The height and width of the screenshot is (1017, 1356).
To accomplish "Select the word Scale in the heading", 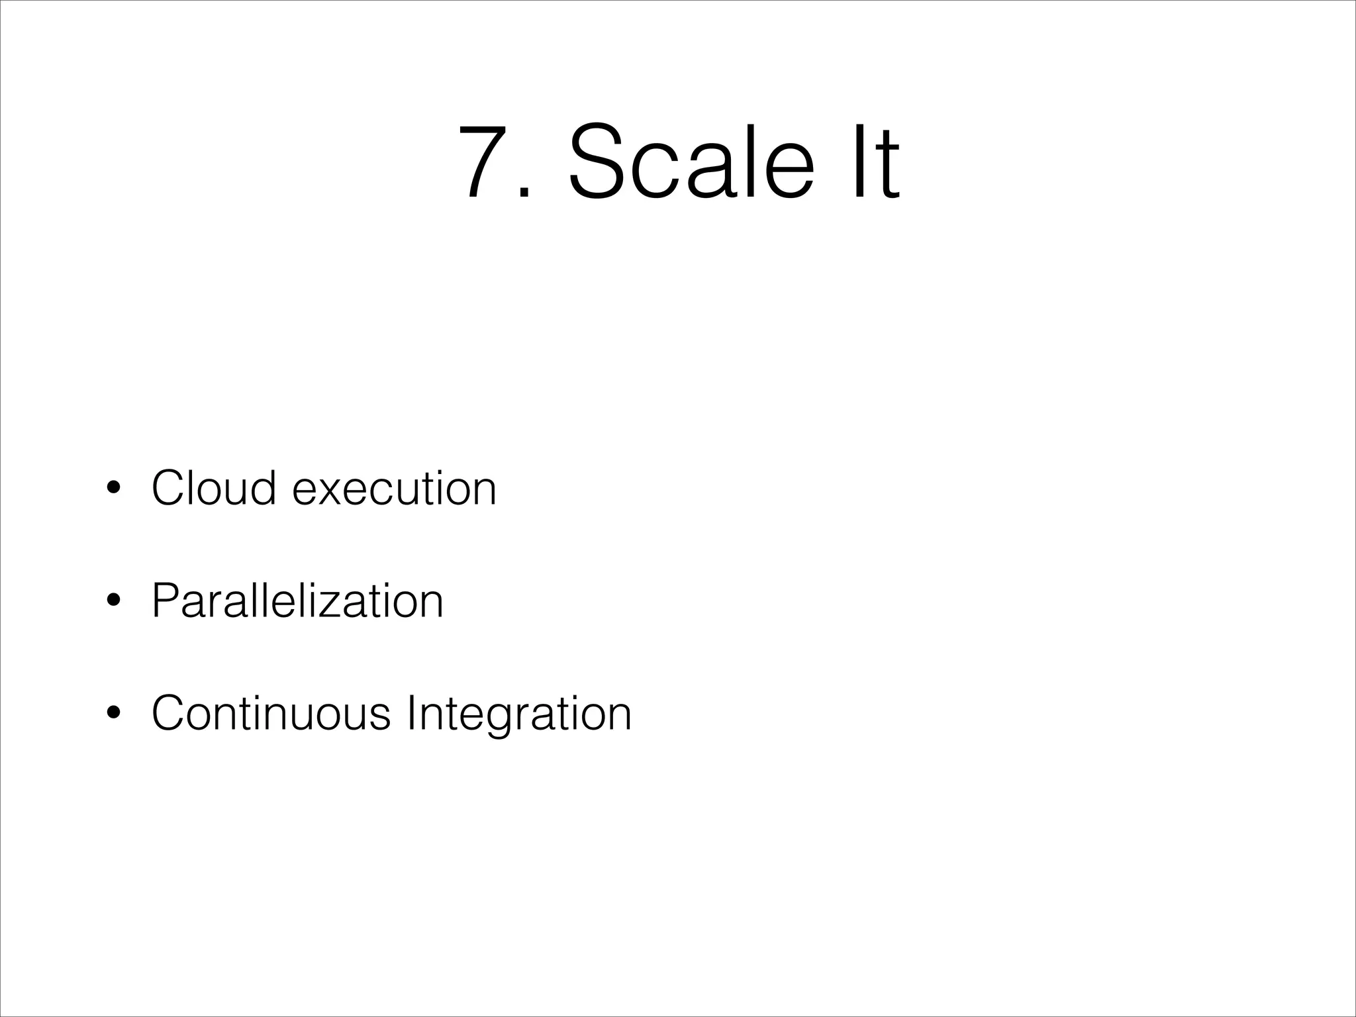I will tap(691, 162).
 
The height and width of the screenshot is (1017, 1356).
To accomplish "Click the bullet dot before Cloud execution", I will tap(114, 488).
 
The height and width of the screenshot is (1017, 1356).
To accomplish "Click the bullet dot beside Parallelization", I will tap(114, 601).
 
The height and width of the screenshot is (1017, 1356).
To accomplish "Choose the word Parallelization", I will tap(297, 601).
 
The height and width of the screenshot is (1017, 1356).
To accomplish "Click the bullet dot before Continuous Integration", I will tap(114, 713).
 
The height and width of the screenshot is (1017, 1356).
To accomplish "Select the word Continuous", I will tap(271, 713).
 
